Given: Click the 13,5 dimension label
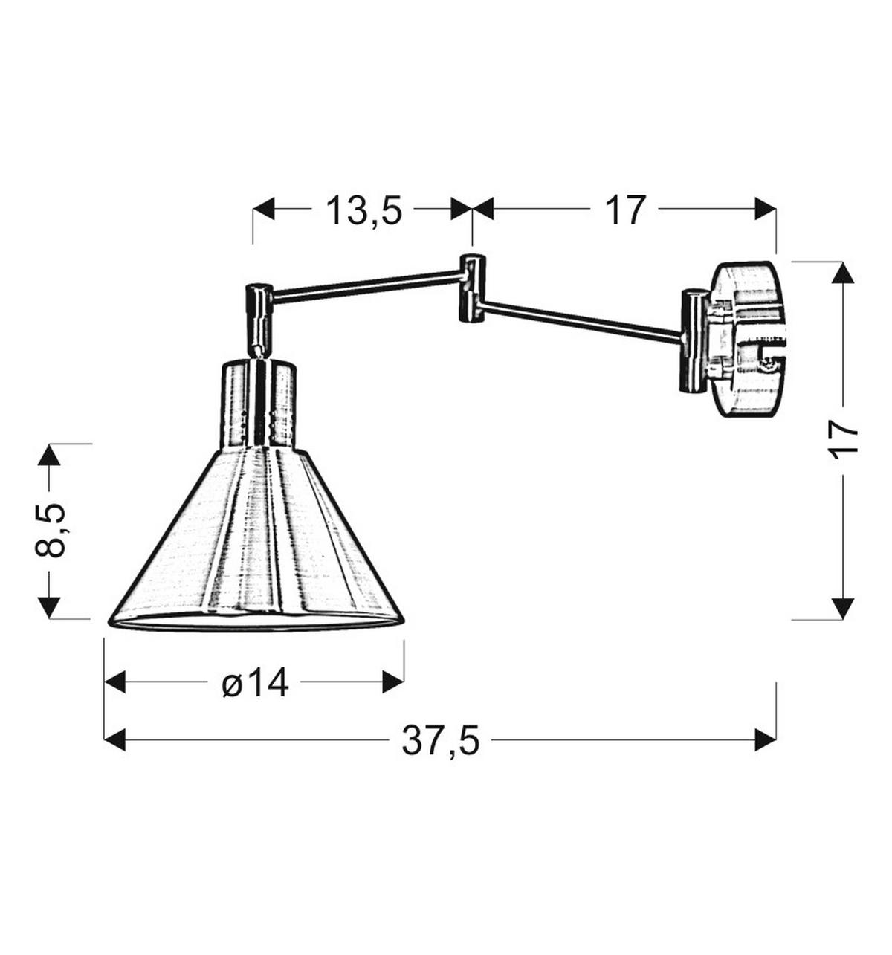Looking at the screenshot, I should pyautogui.click(x=363, y=211).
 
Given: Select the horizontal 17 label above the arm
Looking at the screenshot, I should pyautogui.click(x=624, y=210).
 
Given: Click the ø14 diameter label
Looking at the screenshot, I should pyautogui.click(x=255, y=682).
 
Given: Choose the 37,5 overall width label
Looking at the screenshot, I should pyautogui.click(x=441, y=740).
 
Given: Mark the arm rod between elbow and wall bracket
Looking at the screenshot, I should pyautogui.click(x=580, y=320).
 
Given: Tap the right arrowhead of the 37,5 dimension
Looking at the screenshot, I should pyautogui.click(x=766, y=739).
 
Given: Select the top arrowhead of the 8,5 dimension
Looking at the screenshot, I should pyautogui.click(x=50, y=454).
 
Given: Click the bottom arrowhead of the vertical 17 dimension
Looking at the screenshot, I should pyautogui.click(x=842, y=608).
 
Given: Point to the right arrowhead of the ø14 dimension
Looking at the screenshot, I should pyautogui.click(x=393, y=681).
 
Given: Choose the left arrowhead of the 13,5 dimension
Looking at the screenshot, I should pyautogui.click(x=263, y=210).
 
